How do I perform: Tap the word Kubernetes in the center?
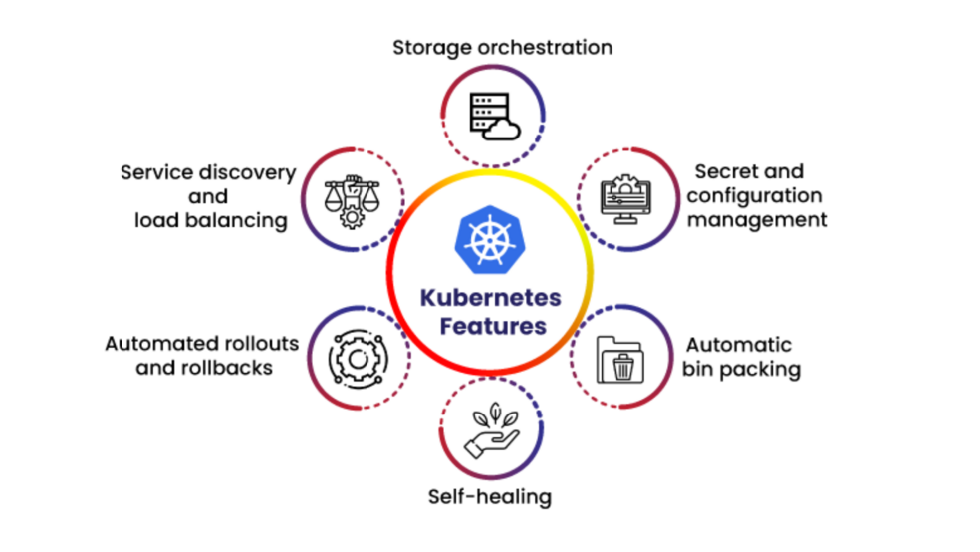[490, 297]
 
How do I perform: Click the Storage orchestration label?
[502, 47]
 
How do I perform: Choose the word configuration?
[754, 195]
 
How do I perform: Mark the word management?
[757, 219]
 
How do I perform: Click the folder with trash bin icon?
[621, 359]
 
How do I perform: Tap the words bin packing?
[741, 369]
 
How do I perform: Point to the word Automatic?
[737, 345]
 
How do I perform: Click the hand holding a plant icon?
[492, 430]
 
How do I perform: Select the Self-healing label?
[489, 496]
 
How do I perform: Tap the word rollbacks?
[230, 367]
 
